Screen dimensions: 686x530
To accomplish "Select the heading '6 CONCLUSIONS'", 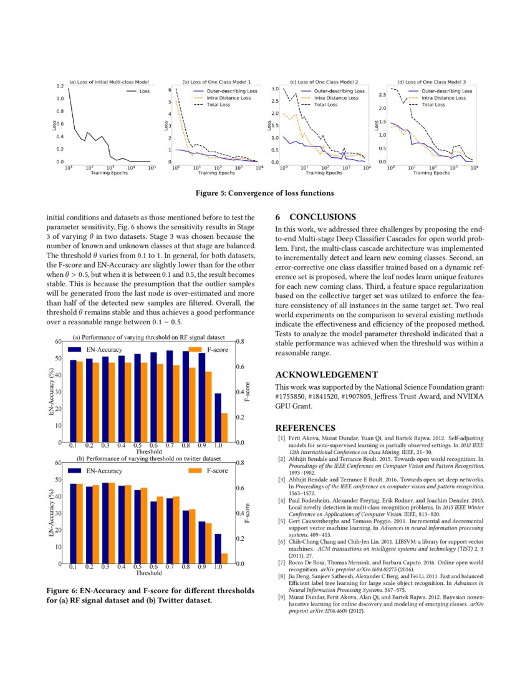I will (x=315, y=218).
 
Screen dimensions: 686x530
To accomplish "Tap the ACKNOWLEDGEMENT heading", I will (x=326, y=375).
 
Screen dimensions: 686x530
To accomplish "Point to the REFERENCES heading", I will (x=305, y=428).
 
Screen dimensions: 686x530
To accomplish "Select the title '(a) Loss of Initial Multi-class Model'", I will (x=108, y=82).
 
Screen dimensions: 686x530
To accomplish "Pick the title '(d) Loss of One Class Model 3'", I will (x=431, y=82).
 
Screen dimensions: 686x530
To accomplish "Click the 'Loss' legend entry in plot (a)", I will (x=144, y=91).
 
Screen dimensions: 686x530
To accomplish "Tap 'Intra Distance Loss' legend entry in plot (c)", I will (x=335, y=98).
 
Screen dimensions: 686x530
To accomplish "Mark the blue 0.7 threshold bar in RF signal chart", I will (x=170, y=396).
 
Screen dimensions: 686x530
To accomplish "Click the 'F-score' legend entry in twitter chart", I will (x=216, y=470).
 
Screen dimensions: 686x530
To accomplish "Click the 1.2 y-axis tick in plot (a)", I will (x=60, y=85).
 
